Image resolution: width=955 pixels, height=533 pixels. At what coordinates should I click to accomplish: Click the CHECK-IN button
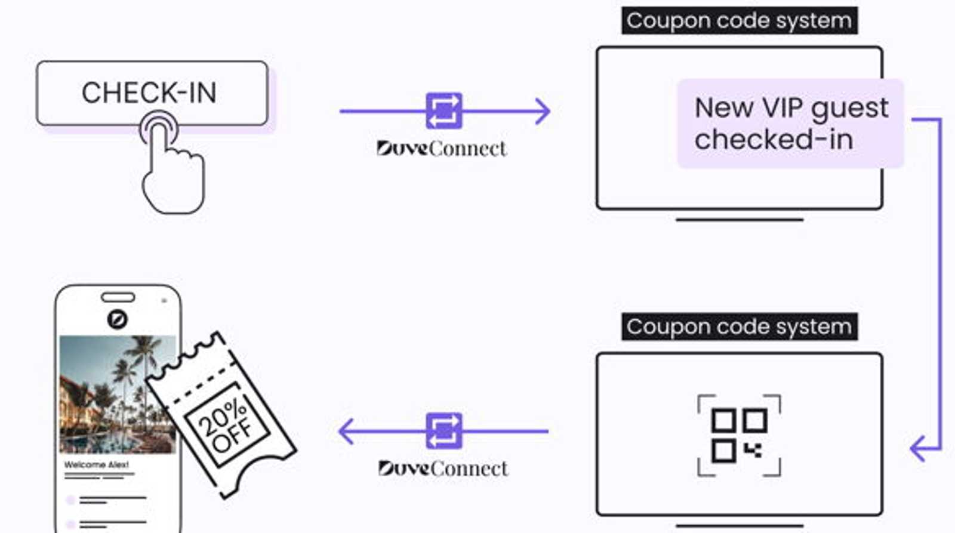coord(152,93)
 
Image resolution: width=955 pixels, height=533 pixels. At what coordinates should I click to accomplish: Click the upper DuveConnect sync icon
coord(444,111)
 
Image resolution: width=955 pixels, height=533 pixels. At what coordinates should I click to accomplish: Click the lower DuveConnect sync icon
coord(444,431)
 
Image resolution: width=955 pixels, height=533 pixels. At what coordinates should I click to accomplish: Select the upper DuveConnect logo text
coord(442,149)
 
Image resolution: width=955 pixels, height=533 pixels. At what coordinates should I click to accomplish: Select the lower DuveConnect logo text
coord(443,469)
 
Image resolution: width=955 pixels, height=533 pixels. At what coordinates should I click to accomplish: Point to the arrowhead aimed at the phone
coord(346,431)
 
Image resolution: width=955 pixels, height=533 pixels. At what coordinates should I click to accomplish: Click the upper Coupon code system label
coord(740,20)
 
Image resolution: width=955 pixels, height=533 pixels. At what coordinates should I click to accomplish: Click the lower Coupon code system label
coord(740,326)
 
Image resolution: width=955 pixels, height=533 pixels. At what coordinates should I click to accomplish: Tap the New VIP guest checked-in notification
coord(790,123)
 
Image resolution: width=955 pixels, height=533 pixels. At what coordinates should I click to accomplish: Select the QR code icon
coord(740,435)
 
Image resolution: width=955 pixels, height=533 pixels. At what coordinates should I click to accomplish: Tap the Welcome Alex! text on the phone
coord(96,464)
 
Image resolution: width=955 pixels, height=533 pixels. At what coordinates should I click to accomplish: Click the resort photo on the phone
coord(118,395)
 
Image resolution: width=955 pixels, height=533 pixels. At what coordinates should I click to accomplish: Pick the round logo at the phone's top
coord(117,319)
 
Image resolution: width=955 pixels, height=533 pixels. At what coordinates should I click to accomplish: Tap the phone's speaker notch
coord(118,297)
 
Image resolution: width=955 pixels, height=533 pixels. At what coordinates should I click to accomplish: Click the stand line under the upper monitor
coord(740,220)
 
